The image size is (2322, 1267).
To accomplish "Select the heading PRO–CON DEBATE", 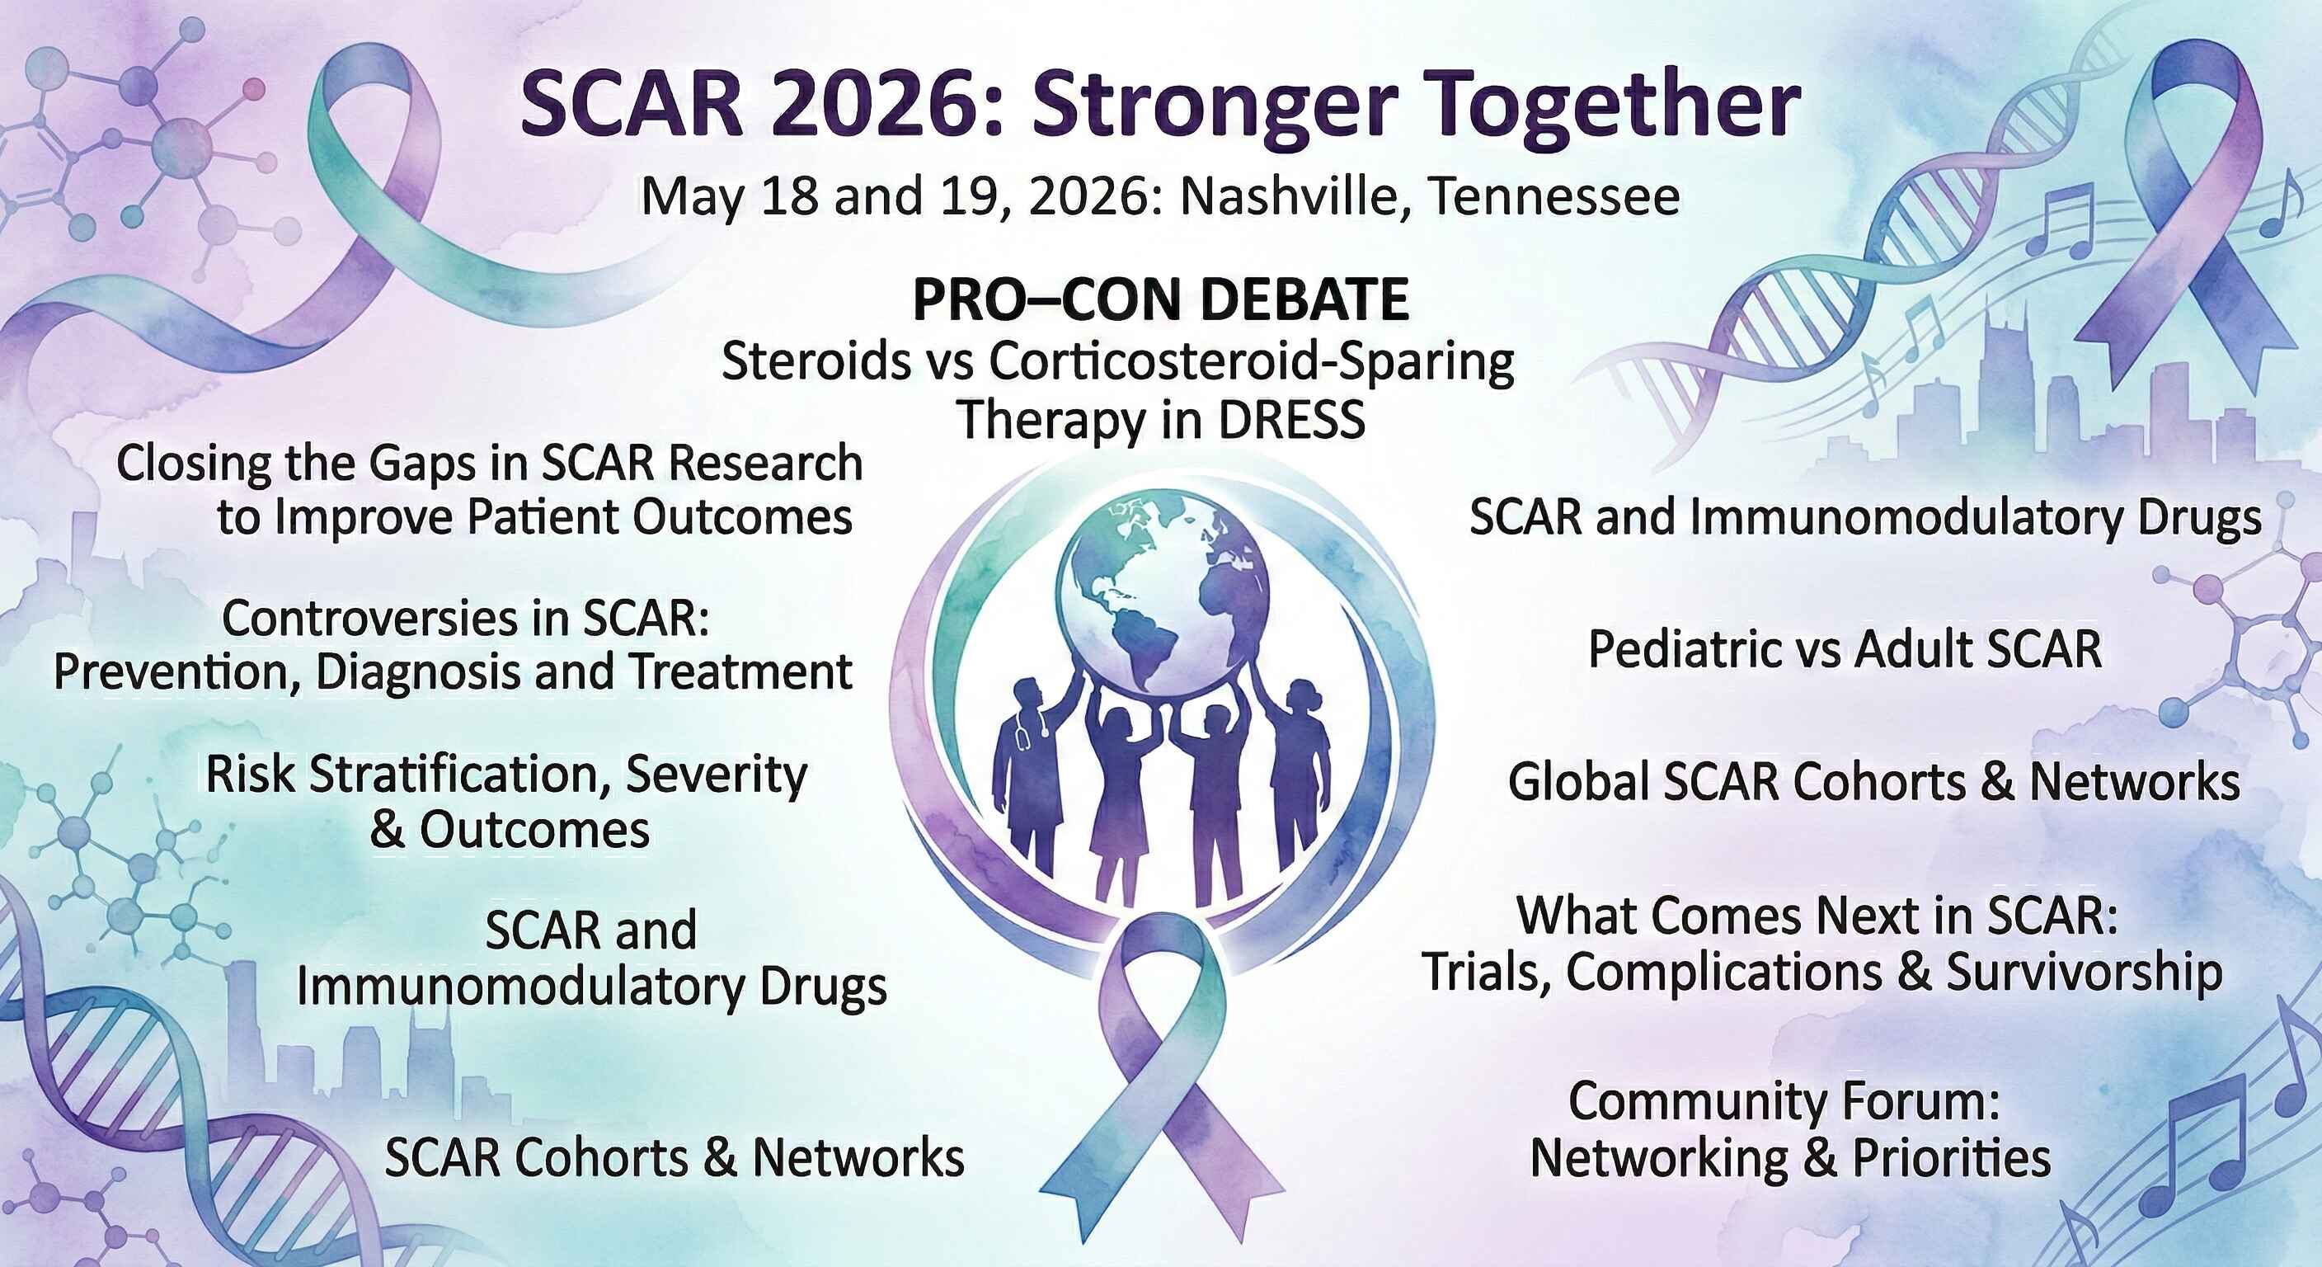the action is (1161, 300).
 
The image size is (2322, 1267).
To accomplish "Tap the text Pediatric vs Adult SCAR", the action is (1845, 649).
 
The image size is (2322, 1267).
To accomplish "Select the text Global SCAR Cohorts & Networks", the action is (1874, 781).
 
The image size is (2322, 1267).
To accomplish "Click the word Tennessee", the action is (1554, 195).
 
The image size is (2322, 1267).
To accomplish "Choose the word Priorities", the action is (1953, 1158).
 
